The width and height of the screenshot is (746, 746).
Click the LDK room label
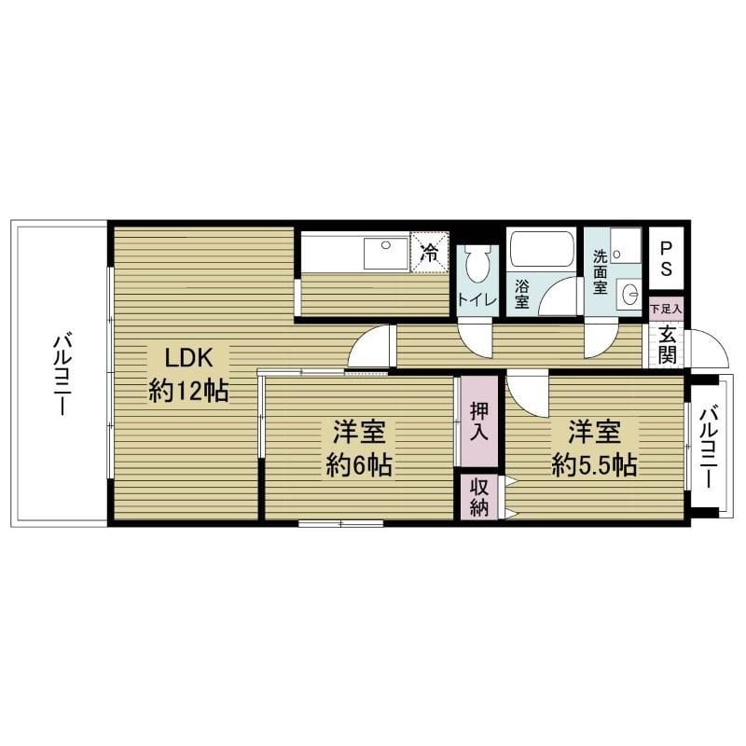(x=188, y=358)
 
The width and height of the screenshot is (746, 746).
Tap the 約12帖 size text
(x=188, y=392)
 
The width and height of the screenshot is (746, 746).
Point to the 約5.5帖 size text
(x=595, y=464)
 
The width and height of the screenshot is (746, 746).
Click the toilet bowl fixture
(x=477, y=264)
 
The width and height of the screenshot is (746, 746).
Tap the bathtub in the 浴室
(x=542, y=249)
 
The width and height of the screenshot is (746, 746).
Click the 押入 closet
(x=479, y=421)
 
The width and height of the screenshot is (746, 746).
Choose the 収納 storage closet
(x=479, y=497)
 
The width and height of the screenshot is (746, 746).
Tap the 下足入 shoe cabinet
(x=666, y=309)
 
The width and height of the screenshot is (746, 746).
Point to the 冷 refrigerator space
(x=430, y=252)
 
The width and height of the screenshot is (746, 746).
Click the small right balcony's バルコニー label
(x=709, y=447)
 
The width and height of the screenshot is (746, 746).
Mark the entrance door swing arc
(x=718, y=338)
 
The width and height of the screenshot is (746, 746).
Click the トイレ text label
(x=477, y=299)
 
